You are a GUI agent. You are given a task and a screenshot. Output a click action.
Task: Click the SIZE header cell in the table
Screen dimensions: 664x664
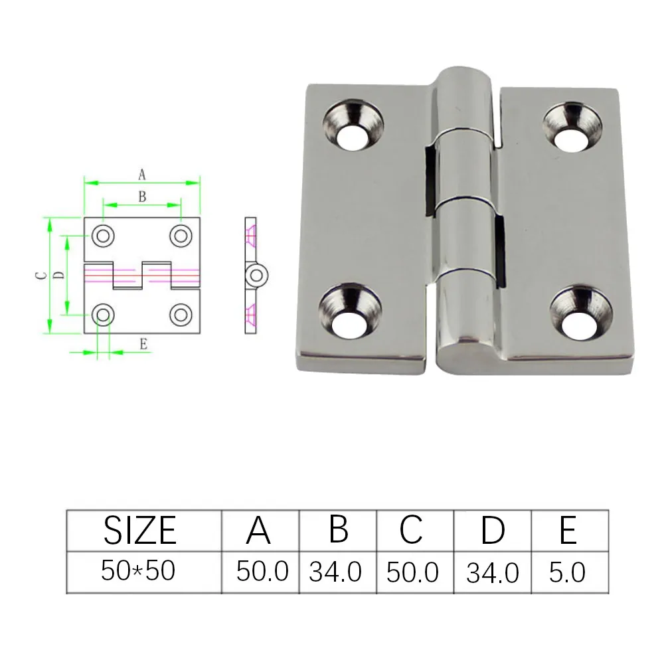pyautogui.click(x=139, y=530)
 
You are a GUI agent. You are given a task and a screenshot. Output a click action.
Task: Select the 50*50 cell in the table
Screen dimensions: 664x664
pyautogui.click(x=138, y=570)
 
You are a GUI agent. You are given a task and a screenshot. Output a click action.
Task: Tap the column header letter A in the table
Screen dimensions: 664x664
pyautogui.click(x=258, y=530)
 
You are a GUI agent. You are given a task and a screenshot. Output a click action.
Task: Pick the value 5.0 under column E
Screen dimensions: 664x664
pyautogui.click(x=567, y=572)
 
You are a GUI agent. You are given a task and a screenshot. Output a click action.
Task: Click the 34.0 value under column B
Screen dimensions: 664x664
pyautogui.click(x=335, y=572)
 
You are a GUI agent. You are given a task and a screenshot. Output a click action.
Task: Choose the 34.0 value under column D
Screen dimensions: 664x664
pyautogui.click(x=493, y=573)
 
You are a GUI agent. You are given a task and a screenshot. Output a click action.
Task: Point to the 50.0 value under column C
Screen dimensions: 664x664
pyautogui.click(x=412, y=572)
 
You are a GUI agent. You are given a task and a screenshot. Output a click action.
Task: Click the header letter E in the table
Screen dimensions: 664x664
pyautogui.click(x=568, y=530)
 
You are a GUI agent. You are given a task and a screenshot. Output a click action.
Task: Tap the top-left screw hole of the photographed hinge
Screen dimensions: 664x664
pyautogui.click(x=353, y=125)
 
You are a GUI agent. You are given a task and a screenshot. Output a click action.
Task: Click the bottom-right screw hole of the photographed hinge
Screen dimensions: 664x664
pyautogui.click(x=581, y=314)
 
